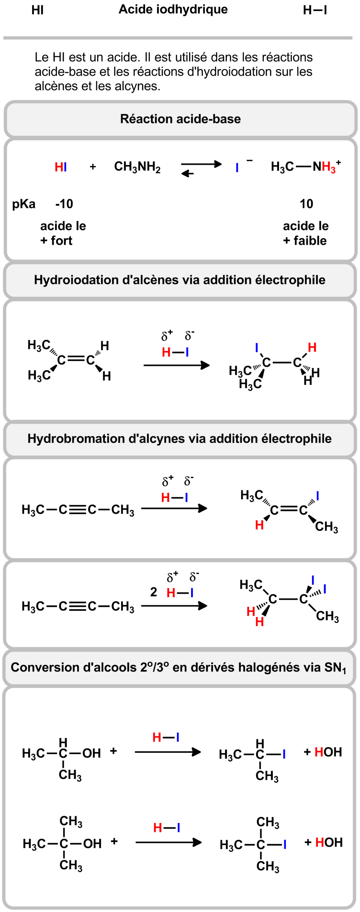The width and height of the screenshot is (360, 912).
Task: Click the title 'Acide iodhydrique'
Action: pos(173,10)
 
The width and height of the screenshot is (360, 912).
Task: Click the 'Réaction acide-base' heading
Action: pos(180,119)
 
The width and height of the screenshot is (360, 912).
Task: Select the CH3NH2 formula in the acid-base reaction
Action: pos(137,167)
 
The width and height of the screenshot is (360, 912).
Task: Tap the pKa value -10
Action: pos(64,204)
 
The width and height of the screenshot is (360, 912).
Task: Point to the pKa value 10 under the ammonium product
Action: pos(306,204)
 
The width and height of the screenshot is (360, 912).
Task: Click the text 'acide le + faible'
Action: pos(305,233)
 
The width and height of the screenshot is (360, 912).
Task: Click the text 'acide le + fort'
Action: pos(63,233)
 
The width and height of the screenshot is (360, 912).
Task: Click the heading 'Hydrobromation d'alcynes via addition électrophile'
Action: pos(179,438)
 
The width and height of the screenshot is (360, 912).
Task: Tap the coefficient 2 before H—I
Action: pos(154,592)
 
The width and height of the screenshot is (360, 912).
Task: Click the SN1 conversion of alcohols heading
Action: pos(178,667)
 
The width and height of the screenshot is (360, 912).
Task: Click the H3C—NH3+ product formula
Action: pos(305,166)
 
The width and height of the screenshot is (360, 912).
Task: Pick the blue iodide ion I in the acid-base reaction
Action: pos(237,167)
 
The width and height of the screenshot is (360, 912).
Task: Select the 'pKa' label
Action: pos(24,204)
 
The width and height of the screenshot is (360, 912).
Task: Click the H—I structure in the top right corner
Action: pos(315,11)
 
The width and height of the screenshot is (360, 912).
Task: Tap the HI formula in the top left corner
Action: pos(37,11)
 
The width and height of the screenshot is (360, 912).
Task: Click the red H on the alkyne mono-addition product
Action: pos(259,525)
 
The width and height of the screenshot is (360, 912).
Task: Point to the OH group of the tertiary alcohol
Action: pos(92,844)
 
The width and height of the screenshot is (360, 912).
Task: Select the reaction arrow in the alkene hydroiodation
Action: pos(176,365)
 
